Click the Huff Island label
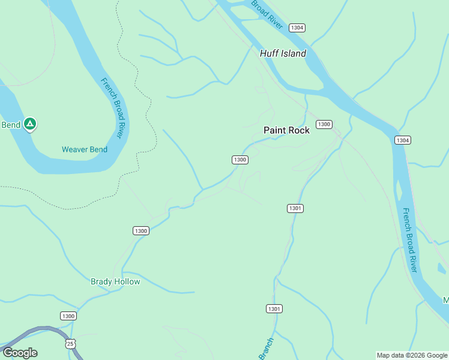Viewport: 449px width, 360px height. (283, 53)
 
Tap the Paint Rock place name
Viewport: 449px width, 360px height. (287, 130)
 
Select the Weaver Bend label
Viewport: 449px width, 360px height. (85, 149)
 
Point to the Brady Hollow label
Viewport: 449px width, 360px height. (115, 281)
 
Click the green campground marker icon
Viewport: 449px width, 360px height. (30, 124)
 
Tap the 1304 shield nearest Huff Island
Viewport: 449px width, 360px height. (297, 28)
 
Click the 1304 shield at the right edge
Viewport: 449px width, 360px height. (403, 140)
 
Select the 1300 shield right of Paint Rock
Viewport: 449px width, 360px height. (324, 124)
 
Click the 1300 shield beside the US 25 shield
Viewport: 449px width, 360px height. (68, 316)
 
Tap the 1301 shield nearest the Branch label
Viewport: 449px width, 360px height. (274, 308)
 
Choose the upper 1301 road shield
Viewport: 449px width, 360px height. (295, 208)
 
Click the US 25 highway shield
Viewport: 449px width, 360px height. (70, 343)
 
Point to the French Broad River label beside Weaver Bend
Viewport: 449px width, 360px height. (112, 108)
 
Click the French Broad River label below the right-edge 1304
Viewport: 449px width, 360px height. (410, 240)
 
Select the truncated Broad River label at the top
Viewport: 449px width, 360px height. (267, 13)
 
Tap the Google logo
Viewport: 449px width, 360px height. (20, 353)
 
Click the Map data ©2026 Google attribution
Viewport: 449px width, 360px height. (412, 355)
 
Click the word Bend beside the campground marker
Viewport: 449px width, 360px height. (11, 125)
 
